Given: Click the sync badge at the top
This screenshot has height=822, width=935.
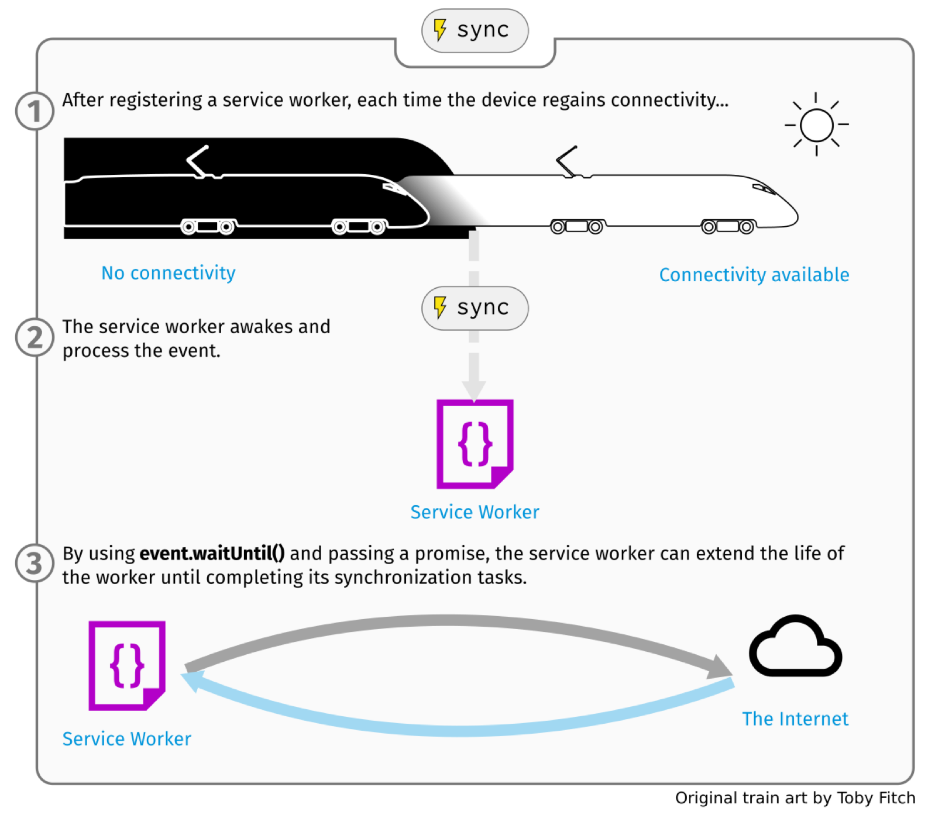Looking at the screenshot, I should (x=475, y=30).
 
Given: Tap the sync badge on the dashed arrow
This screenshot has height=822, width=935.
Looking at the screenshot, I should (x=475, y=308).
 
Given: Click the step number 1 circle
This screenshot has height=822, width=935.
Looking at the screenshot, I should (x=35, y=111).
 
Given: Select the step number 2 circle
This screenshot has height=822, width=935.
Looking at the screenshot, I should (x=35, y=337).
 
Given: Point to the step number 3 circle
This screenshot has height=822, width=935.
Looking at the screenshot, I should (x=35, y=564).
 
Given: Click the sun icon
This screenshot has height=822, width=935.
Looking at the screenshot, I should (x=816, y=125).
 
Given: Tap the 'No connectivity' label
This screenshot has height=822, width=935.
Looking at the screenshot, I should (x=169, y=273).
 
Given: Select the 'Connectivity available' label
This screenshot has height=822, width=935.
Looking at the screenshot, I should (x=754, y=275).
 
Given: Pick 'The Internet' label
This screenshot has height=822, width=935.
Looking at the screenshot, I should (x=795, y=719).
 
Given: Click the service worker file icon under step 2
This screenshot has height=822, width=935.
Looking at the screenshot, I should (x=475, y=444).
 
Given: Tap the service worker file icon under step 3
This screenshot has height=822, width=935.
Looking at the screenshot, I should (x=127, y=665).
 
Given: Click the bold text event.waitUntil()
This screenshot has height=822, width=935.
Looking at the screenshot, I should (x=212, y=553).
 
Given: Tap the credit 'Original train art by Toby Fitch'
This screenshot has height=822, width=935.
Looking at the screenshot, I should (x=795, y=798).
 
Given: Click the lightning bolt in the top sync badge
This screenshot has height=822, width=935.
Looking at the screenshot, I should (x=440, y=30).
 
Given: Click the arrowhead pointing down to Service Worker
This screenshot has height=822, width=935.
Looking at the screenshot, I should (x=474, y=389).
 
